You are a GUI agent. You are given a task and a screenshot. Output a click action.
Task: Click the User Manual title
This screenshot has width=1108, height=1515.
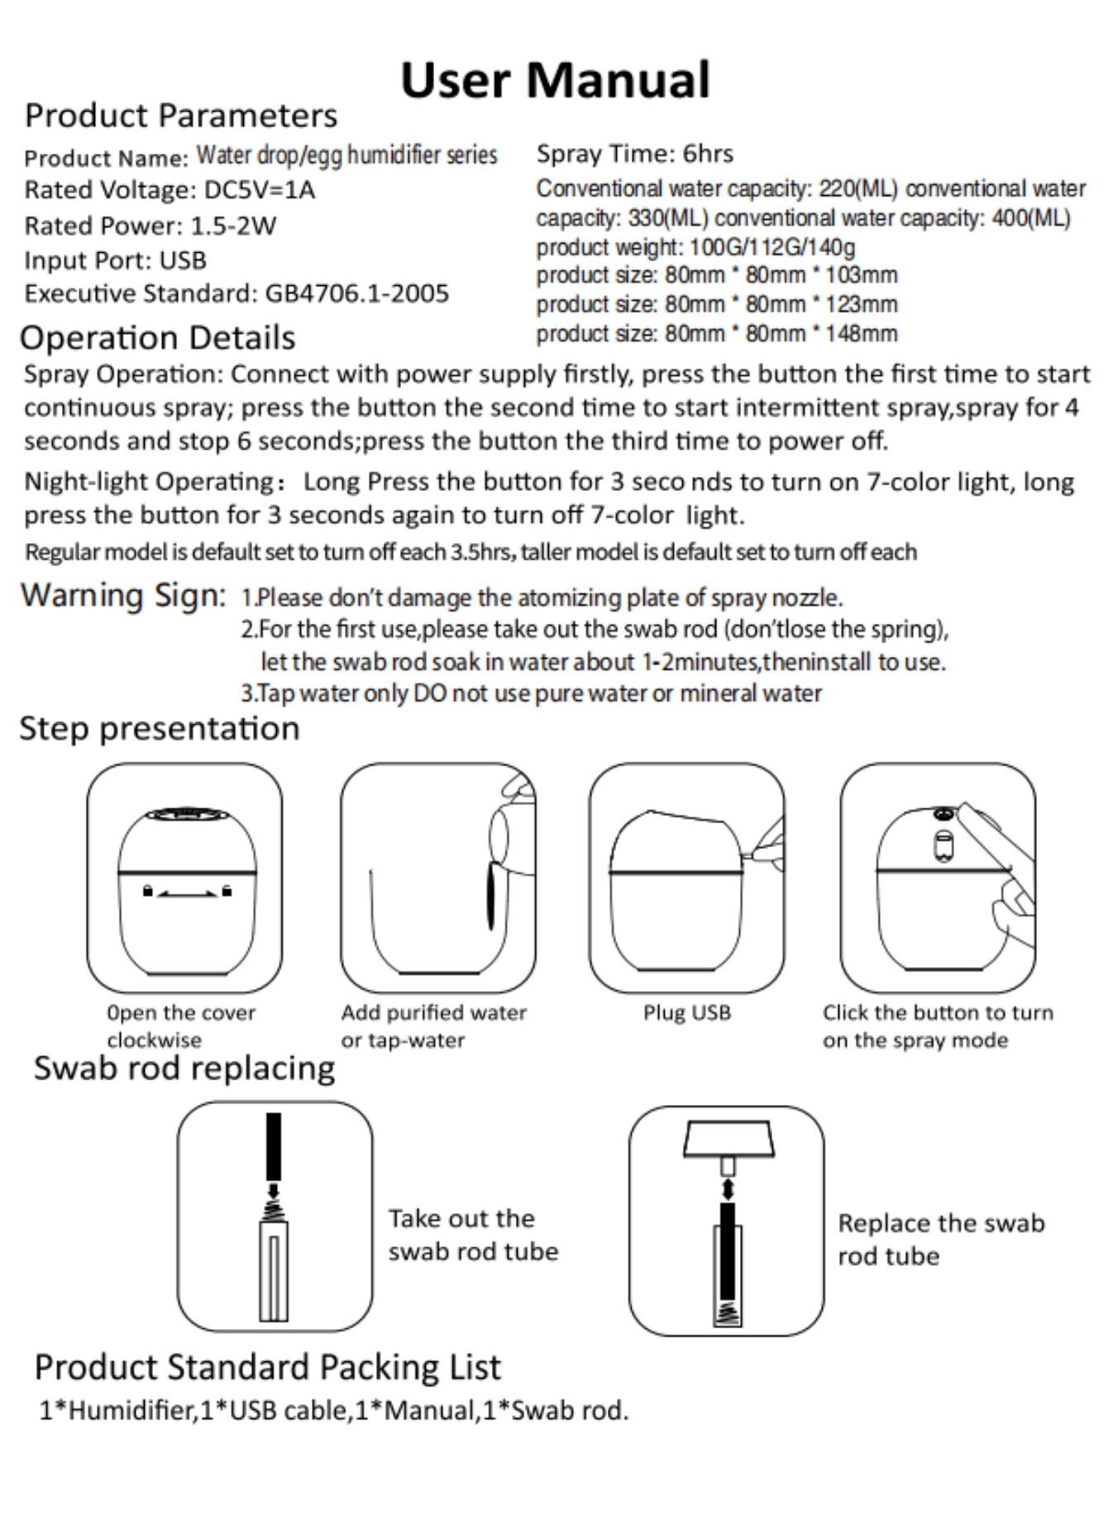[x=555, y=80]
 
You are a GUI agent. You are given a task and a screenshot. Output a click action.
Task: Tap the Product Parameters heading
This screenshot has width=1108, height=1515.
[x=181, y=116]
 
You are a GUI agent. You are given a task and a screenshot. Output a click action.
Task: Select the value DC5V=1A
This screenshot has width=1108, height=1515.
[x=260, y=190]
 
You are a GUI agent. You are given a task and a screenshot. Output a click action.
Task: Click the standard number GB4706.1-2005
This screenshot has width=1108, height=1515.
[x=356, y=293]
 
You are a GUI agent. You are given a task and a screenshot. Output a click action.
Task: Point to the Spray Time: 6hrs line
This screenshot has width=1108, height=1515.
[x=634, y=154]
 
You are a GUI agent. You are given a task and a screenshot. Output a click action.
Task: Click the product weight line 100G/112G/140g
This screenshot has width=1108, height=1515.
[x=695, y=247]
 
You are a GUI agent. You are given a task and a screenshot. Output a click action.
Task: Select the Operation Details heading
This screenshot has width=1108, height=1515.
[x=157, y=338]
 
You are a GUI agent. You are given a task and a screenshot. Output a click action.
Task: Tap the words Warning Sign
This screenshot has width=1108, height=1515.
[x=123, y=595]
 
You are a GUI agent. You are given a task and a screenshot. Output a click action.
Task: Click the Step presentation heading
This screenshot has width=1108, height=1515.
[x=159, y=729]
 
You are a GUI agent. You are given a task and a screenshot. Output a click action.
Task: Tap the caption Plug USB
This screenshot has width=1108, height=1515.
[x=687, y=1012]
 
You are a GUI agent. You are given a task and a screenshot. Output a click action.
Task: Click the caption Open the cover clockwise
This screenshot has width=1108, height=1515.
[x=180, y=1026]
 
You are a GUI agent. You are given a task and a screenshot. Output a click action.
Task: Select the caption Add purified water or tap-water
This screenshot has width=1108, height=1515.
[x=433, y=1026]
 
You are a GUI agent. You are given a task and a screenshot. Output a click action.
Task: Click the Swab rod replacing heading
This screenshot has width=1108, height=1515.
[x=184, y=1068]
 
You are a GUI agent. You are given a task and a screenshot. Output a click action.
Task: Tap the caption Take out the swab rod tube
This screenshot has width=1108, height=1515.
[x=473, y=1235]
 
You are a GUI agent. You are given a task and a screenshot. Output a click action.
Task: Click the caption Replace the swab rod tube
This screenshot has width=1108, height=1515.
[x=941, y=1239]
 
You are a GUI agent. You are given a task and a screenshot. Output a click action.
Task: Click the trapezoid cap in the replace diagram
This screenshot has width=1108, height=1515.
[x=728, y=1138]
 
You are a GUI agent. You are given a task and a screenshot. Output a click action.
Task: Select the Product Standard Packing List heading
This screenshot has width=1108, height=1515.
[x=267, y=1367]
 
